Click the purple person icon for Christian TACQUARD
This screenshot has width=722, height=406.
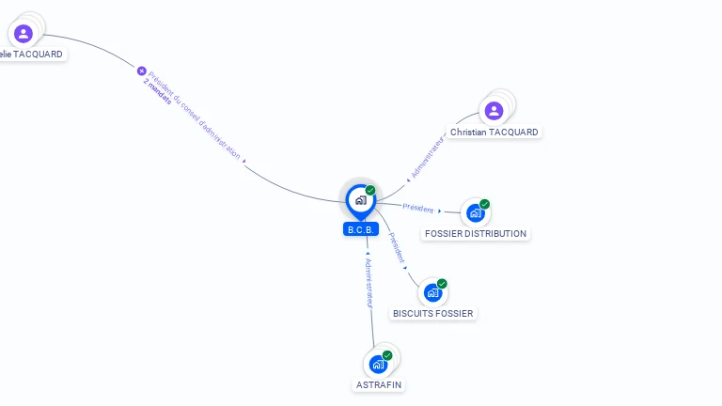494,111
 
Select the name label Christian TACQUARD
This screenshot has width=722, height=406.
494,133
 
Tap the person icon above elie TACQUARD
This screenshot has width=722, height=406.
24,34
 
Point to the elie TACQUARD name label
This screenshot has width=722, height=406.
32,55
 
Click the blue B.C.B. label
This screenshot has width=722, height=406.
361,229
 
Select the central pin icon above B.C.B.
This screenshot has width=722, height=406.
360,199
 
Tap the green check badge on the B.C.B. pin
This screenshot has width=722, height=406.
370,190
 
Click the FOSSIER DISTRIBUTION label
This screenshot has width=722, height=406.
476,233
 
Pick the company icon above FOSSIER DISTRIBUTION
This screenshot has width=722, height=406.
475,213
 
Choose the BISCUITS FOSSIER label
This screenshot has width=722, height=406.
432,313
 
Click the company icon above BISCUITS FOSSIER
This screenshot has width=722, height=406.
432,292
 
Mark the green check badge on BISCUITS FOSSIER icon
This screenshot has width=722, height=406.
442,283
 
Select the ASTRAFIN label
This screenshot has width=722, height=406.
379,384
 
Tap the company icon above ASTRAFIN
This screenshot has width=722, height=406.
378,364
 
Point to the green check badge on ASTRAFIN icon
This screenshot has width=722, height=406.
387,355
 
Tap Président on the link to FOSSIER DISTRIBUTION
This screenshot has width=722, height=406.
418,208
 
